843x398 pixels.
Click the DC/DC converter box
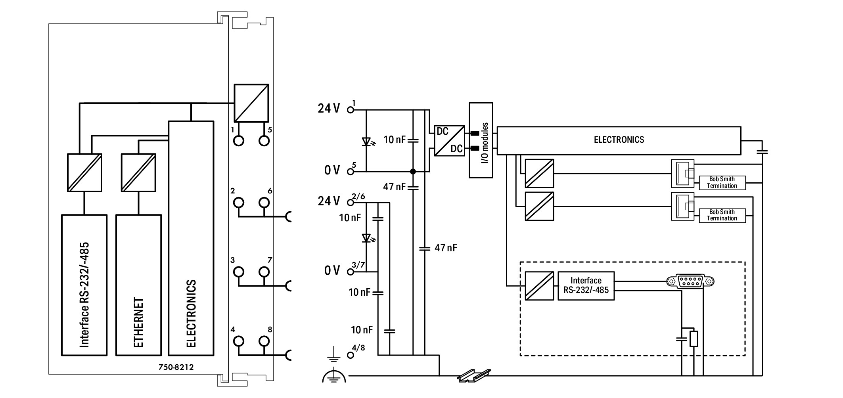tap(449, 141)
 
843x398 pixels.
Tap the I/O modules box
tap(481, 140)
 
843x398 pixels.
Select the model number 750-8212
tap(176, 367)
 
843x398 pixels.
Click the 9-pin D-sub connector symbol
tap(690, 281)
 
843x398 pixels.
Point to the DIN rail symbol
tap(474, 375)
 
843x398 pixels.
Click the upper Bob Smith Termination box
tap(722, 183)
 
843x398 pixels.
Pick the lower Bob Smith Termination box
tap(722, 215)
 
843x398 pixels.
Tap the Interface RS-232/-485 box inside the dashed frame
tap(586, 285)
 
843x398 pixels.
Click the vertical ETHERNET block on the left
tap(138, 285)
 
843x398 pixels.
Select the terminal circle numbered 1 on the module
tap(239, 141)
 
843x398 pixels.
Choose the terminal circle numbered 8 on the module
tap(264, 341)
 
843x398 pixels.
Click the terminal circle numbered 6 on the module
tap(264, 203)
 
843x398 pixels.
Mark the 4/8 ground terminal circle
tap(350, 355)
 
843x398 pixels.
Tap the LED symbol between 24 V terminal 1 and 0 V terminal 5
tap(366, 141)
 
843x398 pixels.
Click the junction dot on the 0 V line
tap(413, 172)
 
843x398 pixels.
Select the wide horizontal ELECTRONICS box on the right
tap(619, 140)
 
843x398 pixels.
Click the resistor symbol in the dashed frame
tap(694, 339)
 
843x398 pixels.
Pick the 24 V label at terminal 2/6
tap(329, 201)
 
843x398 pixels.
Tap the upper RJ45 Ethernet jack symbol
tap(682, 174)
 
